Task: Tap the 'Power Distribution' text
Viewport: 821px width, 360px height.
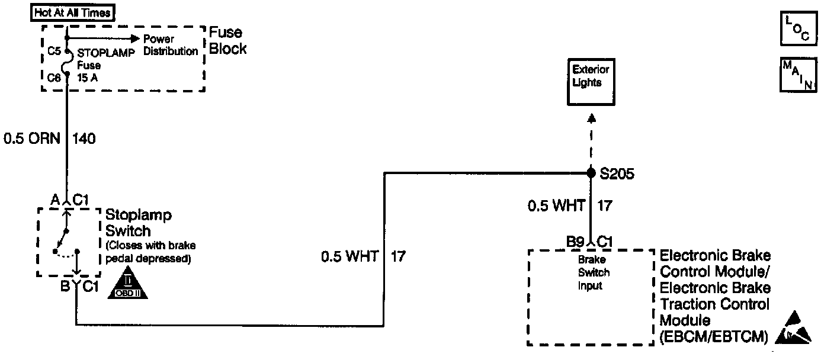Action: [171, 45]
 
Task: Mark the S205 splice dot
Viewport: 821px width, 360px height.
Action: [591, 173]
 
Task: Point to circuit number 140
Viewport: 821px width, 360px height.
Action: [84, 139]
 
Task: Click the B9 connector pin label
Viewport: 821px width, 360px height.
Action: [576, 242]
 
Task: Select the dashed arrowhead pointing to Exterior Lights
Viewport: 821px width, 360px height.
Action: [591, 118]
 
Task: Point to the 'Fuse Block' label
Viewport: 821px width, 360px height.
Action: [227, 41]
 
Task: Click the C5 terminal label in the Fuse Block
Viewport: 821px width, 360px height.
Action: [54, 51]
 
